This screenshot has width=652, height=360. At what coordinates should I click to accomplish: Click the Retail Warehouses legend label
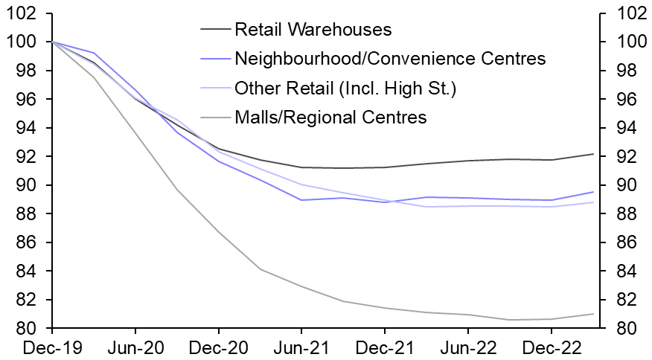[312, 30]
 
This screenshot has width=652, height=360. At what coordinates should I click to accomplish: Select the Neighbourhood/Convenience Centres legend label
[390, 59]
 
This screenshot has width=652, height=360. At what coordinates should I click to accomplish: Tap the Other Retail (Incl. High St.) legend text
[345, 88]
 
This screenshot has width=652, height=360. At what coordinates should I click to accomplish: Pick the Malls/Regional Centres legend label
[330, 117]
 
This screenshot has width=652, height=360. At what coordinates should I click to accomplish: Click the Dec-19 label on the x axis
[52, 347]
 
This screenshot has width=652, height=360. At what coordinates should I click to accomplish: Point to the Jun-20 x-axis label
[135, 347]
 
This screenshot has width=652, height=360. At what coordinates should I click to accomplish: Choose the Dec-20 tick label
[219, 347]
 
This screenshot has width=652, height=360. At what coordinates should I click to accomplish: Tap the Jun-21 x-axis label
[301, 347]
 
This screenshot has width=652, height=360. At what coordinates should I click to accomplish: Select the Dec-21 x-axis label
[385, 347]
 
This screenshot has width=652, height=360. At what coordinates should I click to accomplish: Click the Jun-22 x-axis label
[467, 347]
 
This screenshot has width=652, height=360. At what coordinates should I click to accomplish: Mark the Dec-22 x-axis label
[551, 347]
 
